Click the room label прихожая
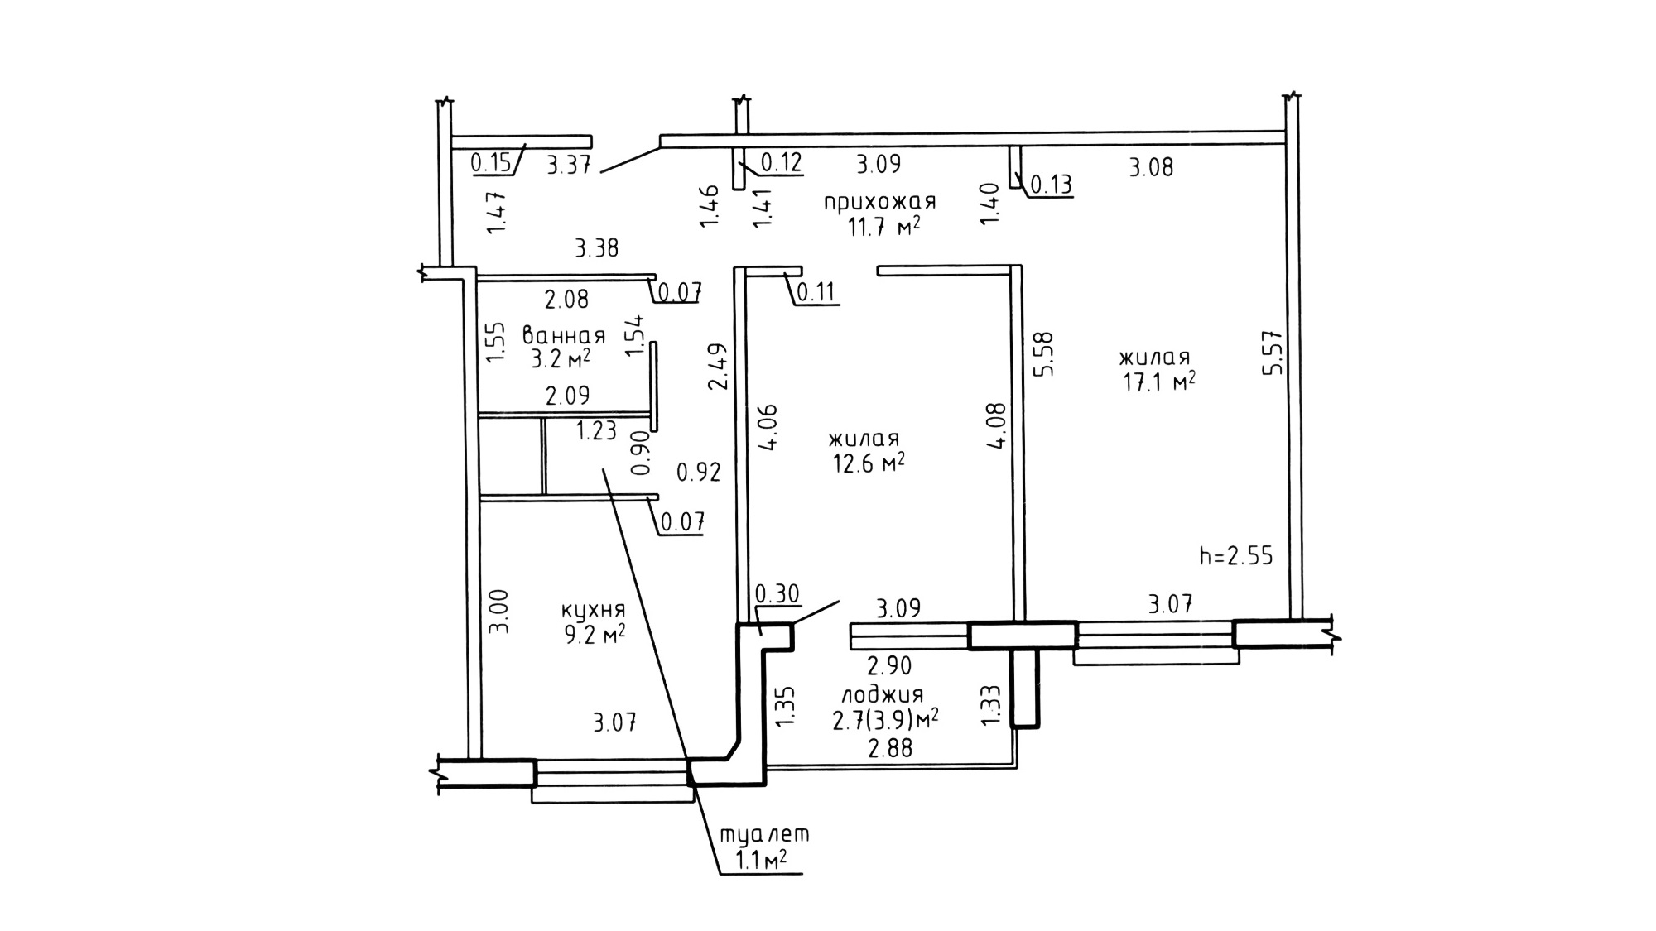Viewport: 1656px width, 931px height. click(879, 201)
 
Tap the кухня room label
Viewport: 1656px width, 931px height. click(593, 611)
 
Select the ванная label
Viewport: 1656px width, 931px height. click(564, 336)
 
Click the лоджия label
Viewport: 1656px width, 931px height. click(882, 694)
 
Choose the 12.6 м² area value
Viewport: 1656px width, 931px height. click(867, 463)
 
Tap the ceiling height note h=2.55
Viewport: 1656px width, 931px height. click(1236, 556)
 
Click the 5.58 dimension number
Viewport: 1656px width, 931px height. click(1043, 354)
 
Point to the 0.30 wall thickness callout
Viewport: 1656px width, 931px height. click(777, 594)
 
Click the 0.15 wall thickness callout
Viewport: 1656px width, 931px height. click(491, 162)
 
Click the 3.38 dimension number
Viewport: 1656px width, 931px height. click(596, 247)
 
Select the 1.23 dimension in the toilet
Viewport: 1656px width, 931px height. click(596, 430)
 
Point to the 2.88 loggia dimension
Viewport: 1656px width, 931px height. click(889, 748)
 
